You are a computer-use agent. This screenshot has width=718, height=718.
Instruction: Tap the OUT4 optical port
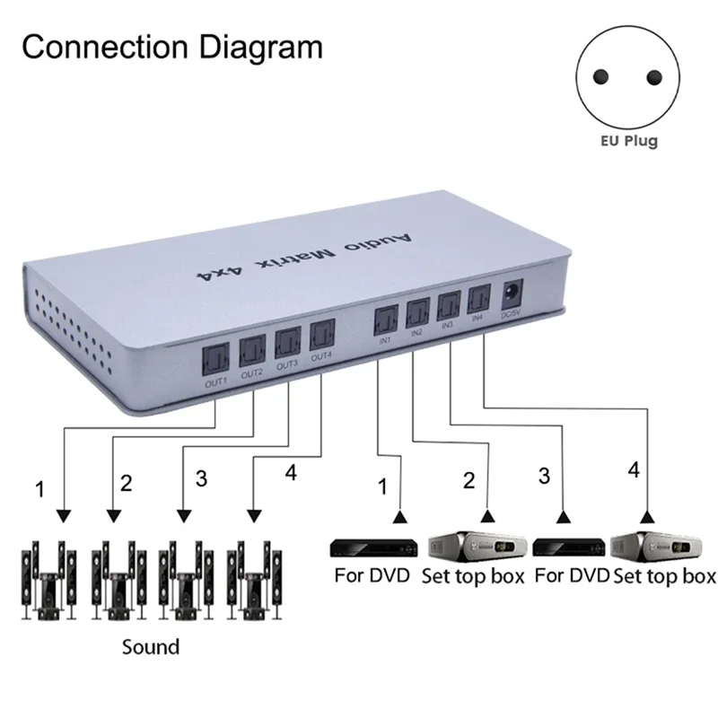pos(322,337)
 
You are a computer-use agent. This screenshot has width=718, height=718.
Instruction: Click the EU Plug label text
pos(629,141)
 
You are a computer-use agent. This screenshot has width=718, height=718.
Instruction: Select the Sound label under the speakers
pos(151,646)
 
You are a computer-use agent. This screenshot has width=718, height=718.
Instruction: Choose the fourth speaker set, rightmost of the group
pos(256,580)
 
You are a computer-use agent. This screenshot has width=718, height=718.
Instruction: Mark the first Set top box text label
pos(472,576)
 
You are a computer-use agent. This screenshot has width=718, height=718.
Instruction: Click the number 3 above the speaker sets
pos(201,478)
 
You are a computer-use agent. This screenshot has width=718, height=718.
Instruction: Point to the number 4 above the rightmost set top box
pos(635,469)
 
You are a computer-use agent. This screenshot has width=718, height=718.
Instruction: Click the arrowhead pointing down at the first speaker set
pos(63,517)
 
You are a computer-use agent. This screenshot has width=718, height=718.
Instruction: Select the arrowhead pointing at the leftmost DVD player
pos(399,518)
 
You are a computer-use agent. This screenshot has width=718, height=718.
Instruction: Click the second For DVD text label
pos(572,576)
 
